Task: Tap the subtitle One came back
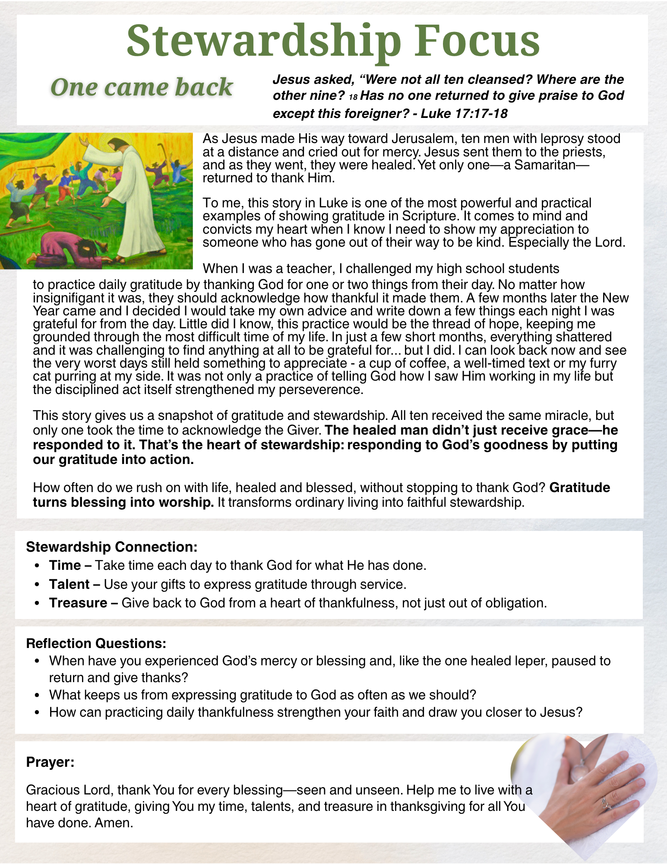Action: pos(142,87)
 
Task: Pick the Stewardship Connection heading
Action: pos(112,547)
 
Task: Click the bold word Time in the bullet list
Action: pos(65,565)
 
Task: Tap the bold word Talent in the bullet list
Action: pos(69,584)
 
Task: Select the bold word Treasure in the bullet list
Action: pos(78,603)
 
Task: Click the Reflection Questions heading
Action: pos(96,643)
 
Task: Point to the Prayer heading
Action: pos(50,762)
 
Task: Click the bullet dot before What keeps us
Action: pos(38,695)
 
